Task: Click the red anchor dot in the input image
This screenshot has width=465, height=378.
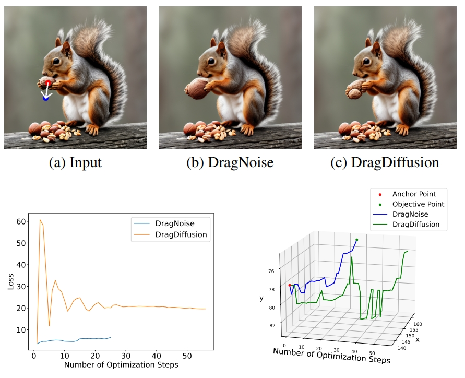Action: point(48,82)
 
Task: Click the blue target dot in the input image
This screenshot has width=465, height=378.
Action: point(45,98)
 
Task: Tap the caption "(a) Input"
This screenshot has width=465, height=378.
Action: point(75,162)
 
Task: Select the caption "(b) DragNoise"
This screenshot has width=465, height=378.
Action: point(230,162)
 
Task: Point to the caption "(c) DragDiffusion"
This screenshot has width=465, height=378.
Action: point(385,162)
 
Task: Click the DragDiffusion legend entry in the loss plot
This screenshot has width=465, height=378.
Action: point(181,234)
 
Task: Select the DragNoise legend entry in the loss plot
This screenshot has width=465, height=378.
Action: point(175,223)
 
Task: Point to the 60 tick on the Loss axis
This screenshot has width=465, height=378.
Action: point(20,221)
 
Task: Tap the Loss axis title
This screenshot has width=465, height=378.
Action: point(10,281)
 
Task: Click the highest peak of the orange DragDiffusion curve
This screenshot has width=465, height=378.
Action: point(40,220)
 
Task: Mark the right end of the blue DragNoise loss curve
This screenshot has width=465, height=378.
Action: point(111,337)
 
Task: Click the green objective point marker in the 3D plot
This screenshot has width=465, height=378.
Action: point(357,240)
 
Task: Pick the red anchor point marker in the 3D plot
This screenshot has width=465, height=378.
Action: point(290,285)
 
